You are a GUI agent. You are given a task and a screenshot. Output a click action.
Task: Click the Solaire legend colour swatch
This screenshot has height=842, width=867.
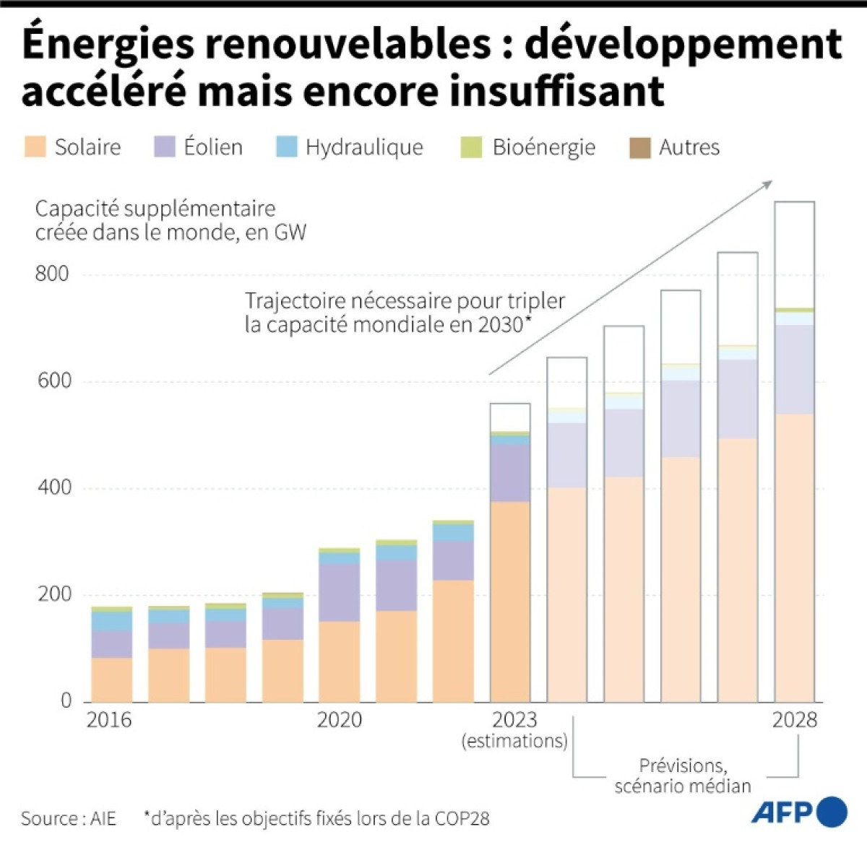(x=35, y=147)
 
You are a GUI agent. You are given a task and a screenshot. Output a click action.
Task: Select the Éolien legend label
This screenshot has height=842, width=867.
(x=213, y=147)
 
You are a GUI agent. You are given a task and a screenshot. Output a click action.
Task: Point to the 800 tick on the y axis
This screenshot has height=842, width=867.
(x=52, y=274)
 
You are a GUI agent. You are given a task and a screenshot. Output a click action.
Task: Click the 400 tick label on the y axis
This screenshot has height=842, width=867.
(x=52, y=487)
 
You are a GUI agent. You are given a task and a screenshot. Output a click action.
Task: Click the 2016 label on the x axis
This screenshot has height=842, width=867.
(x=109, y=720)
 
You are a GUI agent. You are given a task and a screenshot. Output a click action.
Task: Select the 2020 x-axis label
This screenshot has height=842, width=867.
(x=339, y=720)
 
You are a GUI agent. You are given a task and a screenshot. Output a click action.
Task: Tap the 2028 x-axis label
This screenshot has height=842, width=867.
(x=794, y=720)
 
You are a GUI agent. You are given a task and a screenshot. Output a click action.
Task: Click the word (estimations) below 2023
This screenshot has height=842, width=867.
(x=514, y=741)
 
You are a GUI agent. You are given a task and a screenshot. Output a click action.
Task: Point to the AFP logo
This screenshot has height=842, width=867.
(x=799, y=812)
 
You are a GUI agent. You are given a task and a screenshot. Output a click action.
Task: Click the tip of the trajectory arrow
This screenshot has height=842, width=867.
(x=772, y=182)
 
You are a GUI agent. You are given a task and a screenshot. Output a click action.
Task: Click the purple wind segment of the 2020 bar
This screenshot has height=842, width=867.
(x=339, y=592)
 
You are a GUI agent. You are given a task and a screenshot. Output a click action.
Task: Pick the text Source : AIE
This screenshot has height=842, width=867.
(x=69, y=818)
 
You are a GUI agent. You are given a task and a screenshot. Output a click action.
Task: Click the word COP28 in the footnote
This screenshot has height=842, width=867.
(x=462, y=818)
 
